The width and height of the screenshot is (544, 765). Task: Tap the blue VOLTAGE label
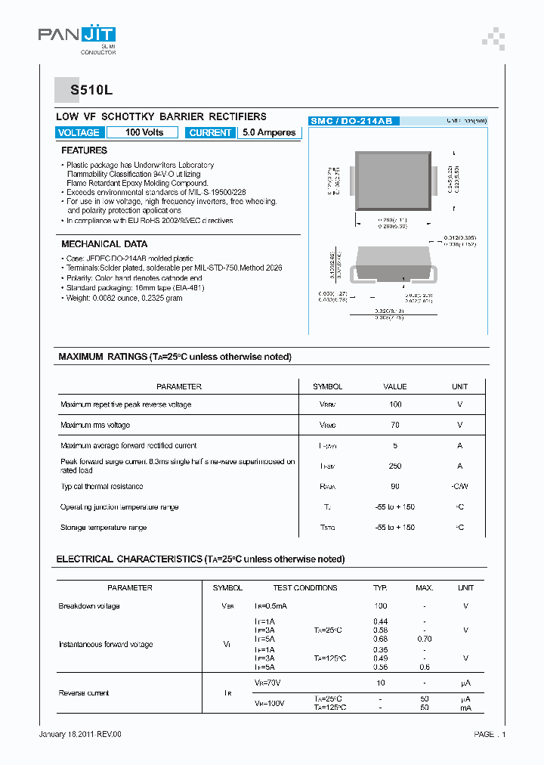79,132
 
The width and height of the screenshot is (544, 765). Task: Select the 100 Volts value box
143,132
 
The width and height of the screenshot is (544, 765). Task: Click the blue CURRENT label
210,132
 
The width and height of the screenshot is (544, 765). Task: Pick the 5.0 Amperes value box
270,132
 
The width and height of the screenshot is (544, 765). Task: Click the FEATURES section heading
84,150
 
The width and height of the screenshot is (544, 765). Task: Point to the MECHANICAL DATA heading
104,244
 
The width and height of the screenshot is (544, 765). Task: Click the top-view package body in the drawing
394,181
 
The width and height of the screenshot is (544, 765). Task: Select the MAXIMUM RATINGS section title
175,357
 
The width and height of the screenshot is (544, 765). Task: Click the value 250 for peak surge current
394,466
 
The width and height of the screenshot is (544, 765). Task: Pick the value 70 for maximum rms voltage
394,426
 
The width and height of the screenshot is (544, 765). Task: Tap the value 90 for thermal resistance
394,487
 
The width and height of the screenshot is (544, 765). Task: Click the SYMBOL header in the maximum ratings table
328,386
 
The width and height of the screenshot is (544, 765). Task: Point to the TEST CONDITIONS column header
305,587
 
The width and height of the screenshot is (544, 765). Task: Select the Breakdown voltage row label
89,606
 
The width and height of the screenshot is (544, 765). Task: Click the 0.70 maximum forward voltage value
425,639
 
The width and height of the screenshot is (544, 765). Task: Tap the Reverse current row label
84,693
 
